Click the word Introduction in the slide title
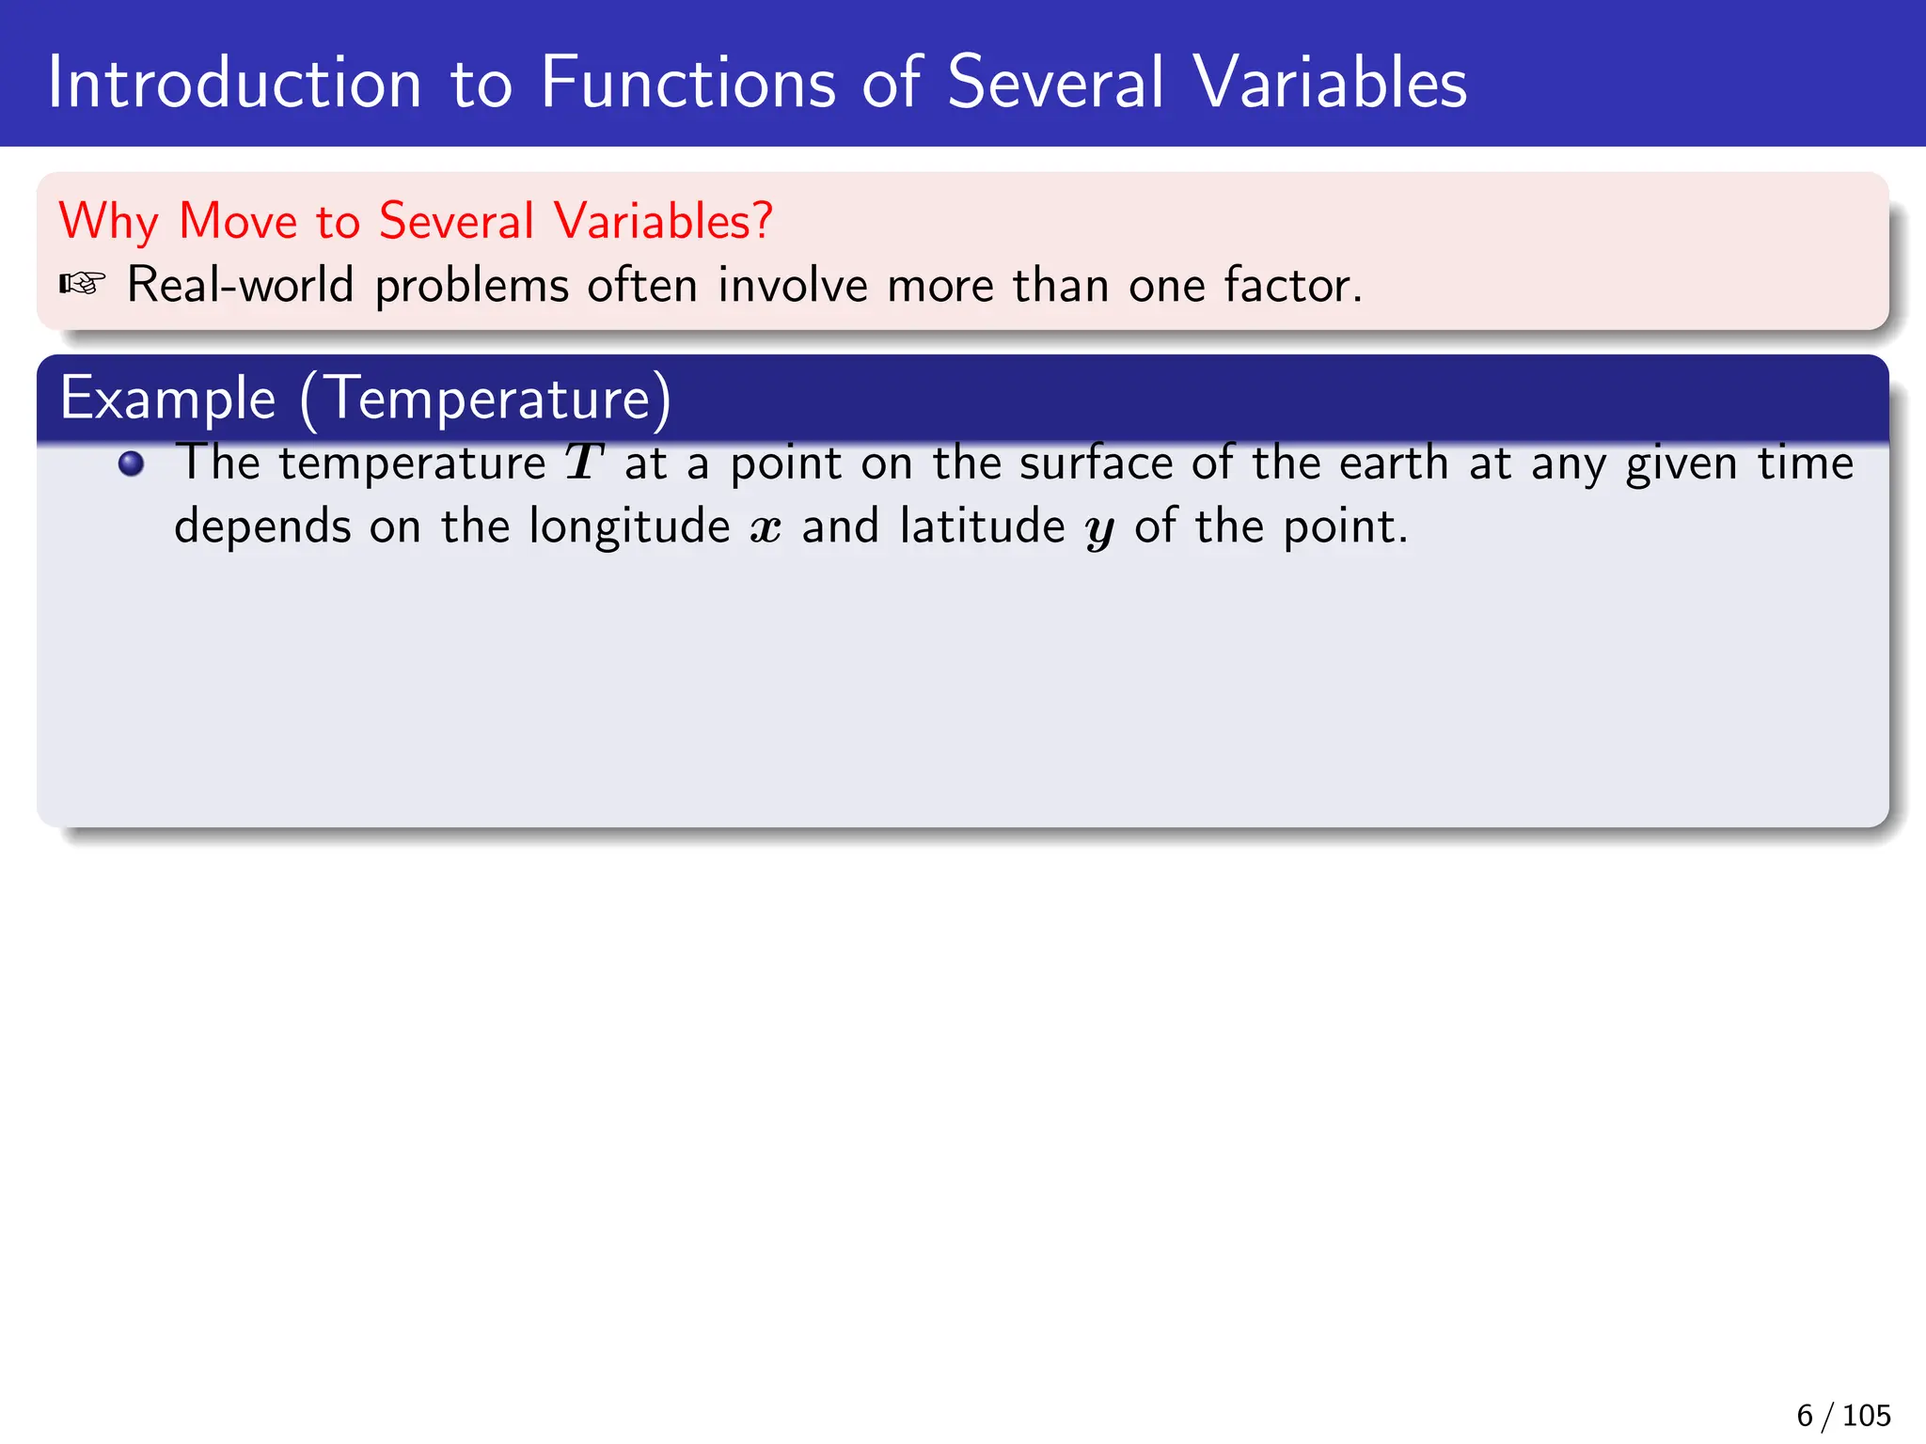pos(234,83)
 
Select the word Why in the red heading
pos(108,222)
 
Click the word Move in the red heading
pos(238,222)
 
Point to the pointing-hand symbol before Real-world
pos(82,283)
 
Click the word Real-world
pos(240,285)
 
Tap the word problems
pos(472,287)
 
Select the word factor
pos(1292,285)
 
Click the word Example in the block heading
pos(167,399)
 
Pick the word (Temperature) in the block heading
pos(485,399)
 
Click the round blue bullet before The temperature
pos(132,463)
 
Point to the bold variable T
pos(584,463)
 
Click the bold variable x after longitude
pos(766,528)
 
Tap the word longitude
pos(629,526)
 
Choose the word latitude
pos(982,526)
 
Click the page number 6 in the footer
pos(1804,1415)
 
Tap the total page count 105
pos(1866,1415)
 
